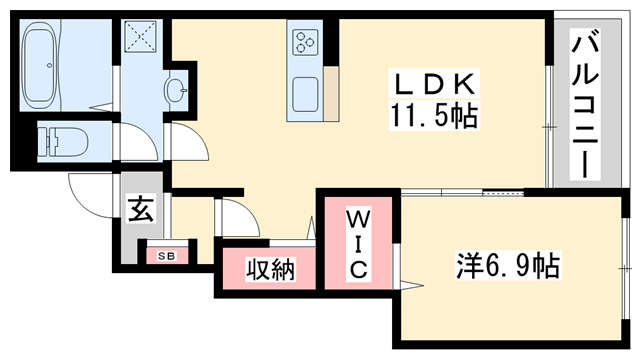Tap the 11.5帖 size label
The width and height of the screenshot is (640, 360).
(433, 116)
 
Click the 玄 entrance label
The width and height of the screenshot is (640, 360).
(140, 210)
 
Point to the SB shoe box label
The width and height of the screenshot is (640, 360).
(166, 257)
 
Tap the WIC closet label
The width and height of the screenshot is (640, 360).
(359, 242)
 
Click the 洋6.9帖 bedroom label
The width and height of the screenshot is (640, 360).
(509, 266)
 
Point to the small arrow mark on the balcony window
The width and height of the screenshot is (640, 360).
(547, 127)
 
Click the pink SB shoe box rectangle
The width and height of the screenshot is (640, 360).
(166, 257)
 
